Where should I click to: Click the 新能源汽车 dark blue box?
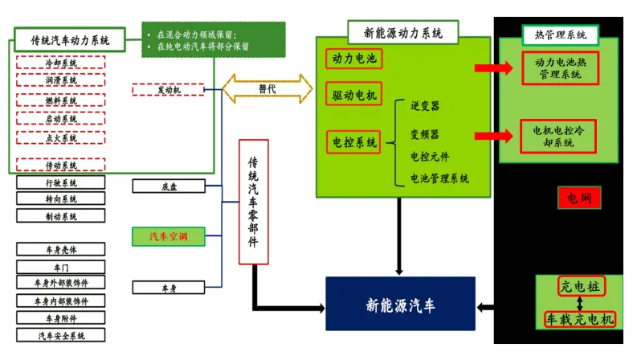[x=400, y=303]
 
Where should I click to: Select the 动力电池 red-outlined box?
[x=354, y=58]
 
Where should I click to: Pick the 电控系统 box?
[x=354, y=143]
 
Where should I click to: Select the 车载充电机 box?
[x=580, y=319]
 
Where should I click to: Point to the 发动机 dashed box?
[x=167, y=90]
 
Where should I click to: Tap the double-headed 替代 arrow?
[x=267, y=88]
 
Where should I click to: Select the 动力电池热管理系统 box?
[x=561, y=68]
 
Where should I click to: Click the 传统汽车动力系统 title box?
[x=70, y=39]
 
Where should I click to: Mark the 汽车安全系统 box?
[x=61, y=336]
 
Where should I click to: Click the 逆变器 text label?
[x=425, y=106]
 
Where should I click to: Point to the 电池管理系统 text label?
[x=439, y=178]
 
